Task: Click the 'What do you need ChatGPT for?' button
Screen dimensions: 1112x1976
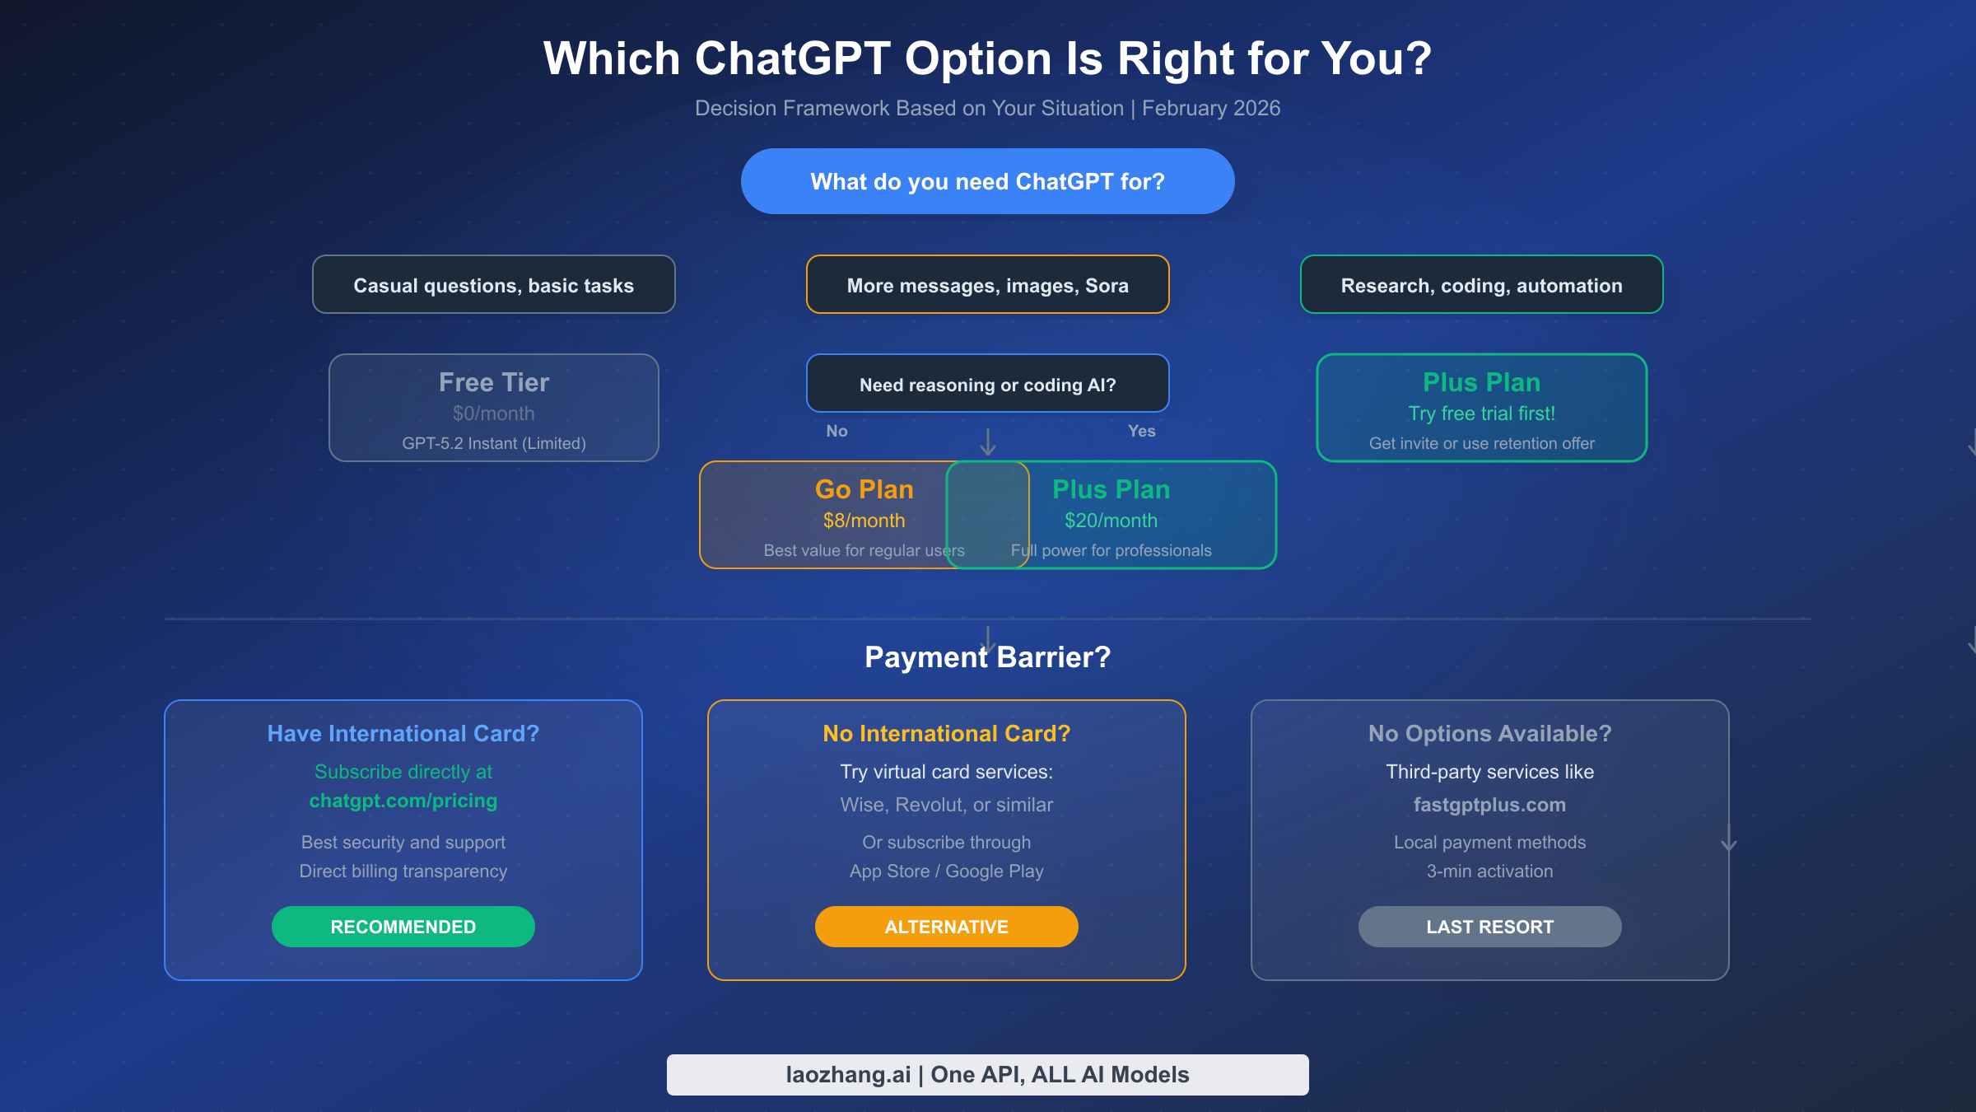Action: [x=987, y=181]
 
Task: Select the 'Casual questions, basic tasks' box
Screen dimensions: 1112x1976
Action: [x=493, y=285]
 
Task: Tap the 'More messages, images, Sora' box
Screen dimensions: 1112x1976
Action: [x=987, y=285]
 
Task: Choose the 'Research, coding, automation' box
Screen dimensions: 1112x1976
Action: [x=1481, y=285]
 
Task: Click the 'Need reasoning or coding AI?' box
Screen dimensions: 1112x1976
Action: [x=987, y=384]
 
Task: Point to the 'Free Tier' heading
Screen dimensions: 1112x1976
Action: [x=493, y=382]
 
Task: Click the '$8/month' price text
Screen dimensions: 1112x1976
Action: [x=864, y=521]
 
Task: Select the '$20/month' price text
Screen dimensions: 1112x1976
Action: [x=1111, y=521]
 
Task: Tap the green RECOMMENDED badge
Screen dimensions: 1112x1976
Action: [x=403, y=927]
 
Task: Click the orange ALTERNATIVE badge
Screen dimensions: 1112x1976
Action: [x=946, y=927]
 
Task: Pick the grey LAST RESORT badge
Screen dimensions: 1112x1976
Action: [x=1489, y=927]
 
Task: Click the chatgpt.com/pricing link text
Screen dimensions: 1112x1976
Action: [x=403, y=801]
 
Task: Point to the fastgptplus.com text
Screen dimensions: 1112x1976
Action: [x=1489, y=805]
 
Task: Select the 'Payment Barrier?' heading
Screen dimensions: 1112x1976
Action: [x=987, y=657]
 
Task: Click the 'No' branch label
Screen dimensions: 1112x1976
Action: [x=837, y=431]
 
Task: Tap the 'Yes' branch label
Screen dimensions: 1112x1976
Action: [x=1141, y=431]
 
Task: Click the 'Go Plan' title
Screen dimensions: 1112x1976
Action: [x=864, y=489]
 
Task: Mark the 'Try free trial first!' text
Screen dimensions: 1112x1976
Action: [x=1481, y=413]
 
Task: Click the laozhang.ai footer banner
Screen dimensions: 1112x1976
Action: [x=987, y=1074]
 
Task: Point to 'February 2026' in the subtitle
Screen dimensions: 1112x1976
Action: [x=1210, y=108]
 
